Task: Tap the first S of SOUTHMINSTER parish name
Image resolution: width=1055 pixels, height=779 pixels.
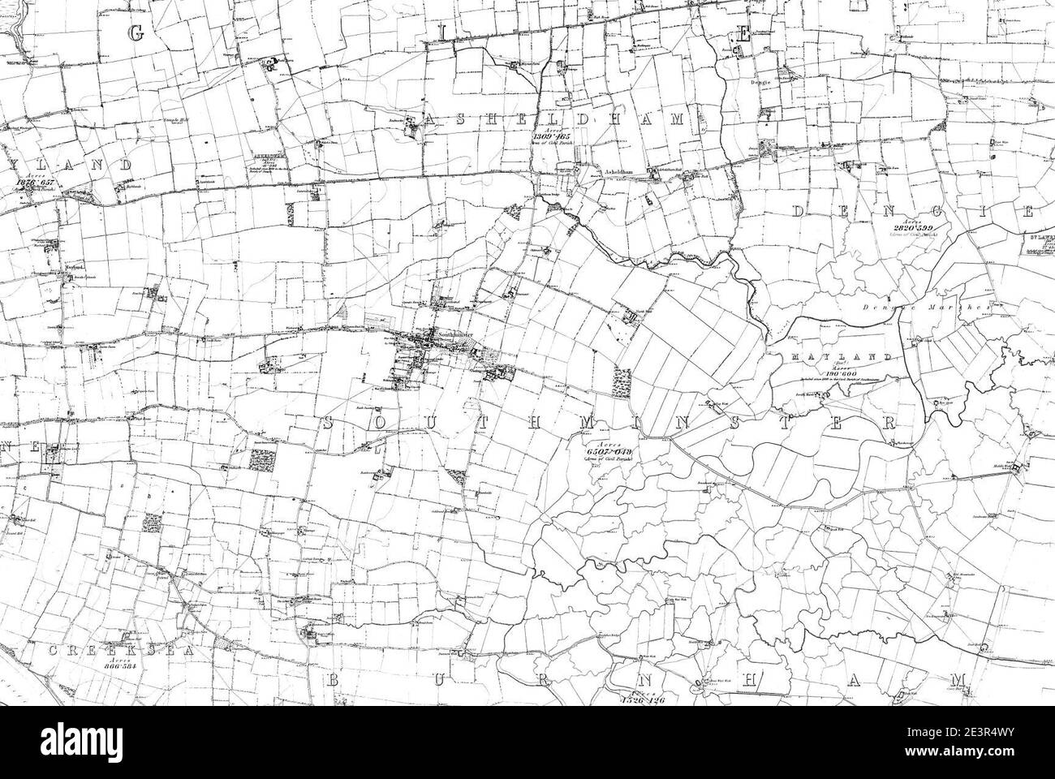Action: [x=329, y=423]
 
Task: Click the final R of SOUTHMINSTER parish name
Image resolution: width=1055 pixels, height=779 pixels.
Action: [x=889, y=424]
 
